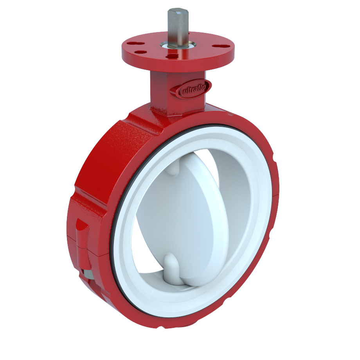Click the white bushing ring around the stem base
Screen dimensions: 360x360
coord(177,47)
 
